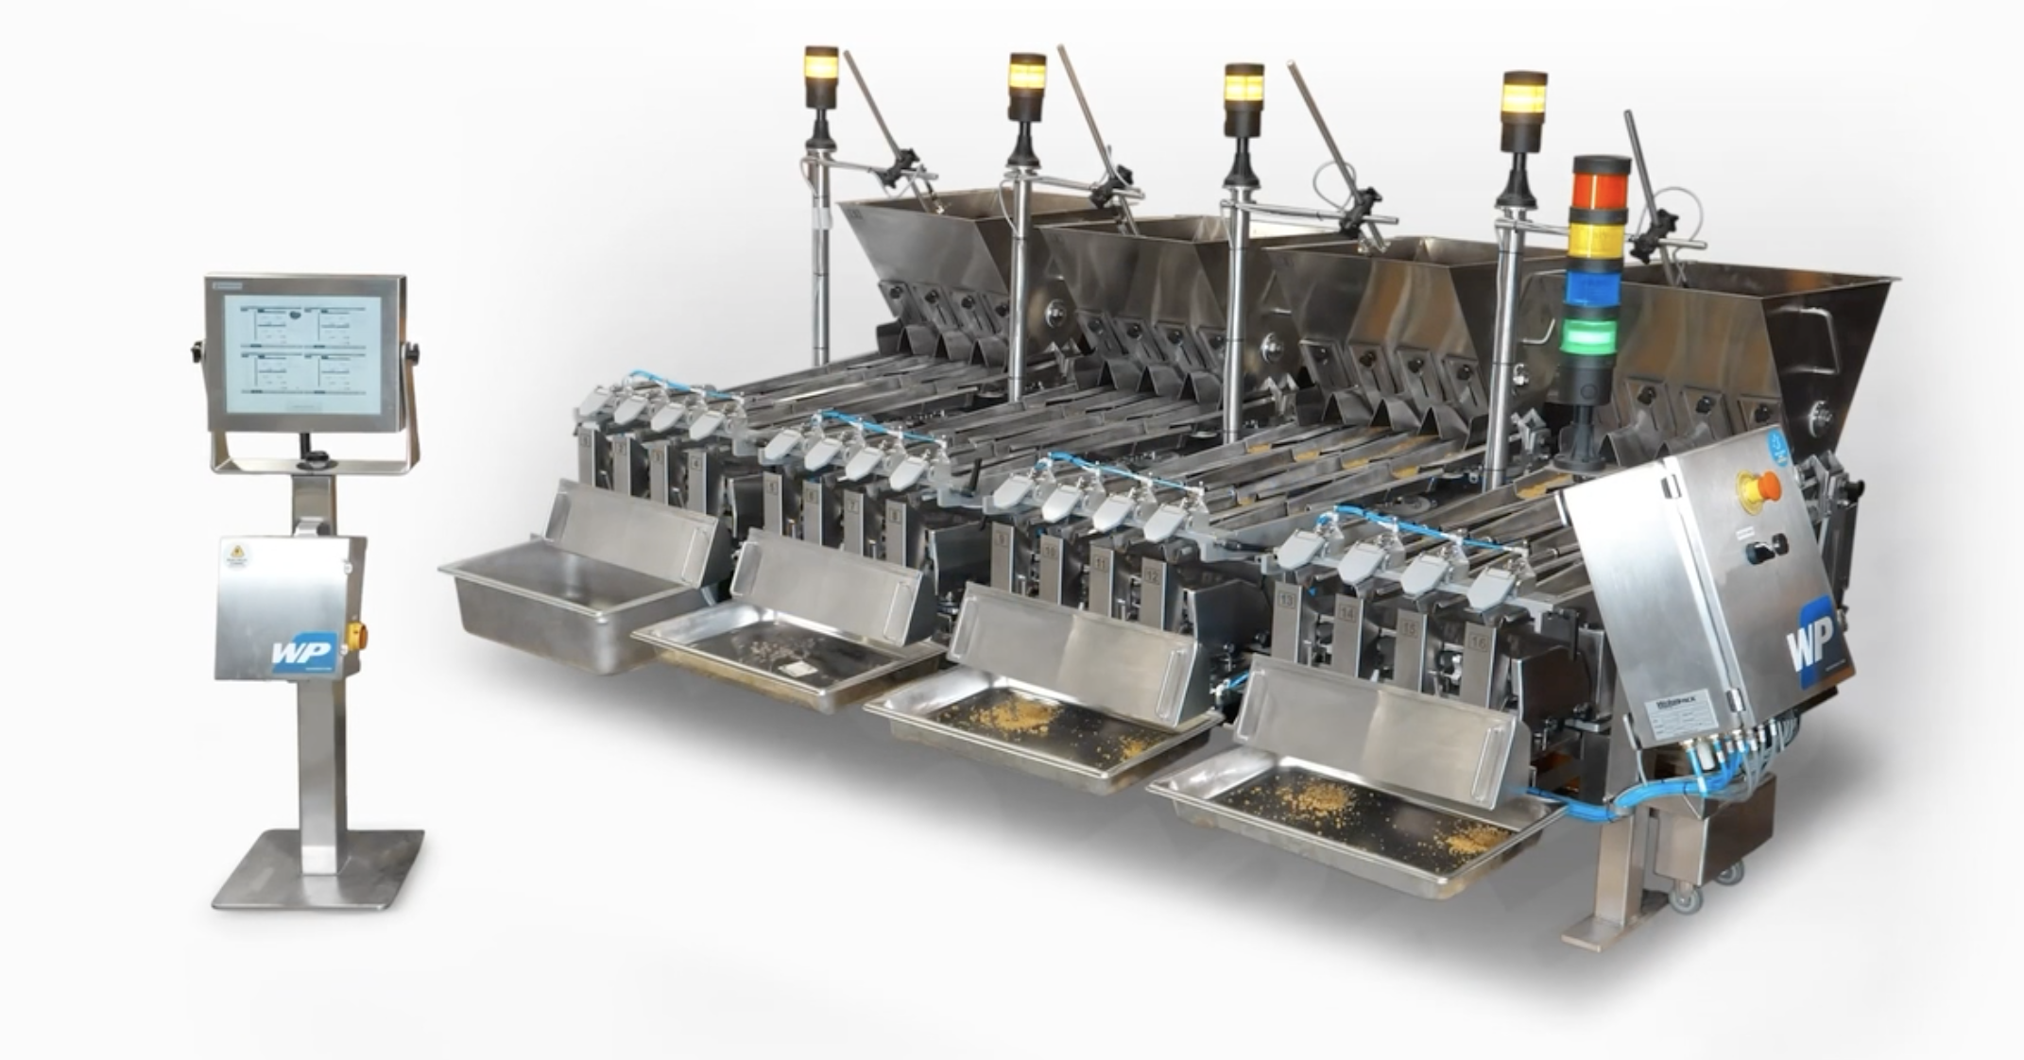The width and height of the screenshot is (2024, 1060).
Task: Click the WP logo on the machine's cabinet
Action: tap(1810, 641)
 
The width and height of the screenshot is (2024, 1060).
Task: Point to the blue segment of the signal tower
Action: tap(1593, 289)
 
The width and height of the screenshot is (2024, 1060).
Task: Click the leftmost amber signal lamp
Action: tap(821, 66)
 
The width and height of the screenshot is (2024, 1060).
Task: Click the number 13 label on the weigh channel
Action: tap(1286, 599)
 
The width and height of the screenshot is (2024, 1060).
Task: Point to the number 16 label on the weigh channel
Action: tap(1478, 641)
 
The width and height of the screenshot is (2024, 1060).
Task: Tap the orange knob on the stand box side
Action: tap(356, 635)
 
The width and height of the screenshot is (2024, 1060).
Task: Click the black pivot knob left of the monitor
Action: tap(197, 351)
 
